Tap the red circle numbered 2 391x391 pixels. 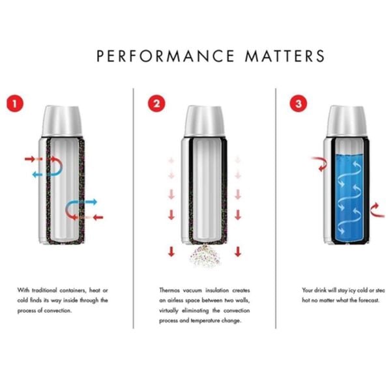click(155, 102)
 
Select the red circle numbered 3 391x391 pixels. click(298, 102)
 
